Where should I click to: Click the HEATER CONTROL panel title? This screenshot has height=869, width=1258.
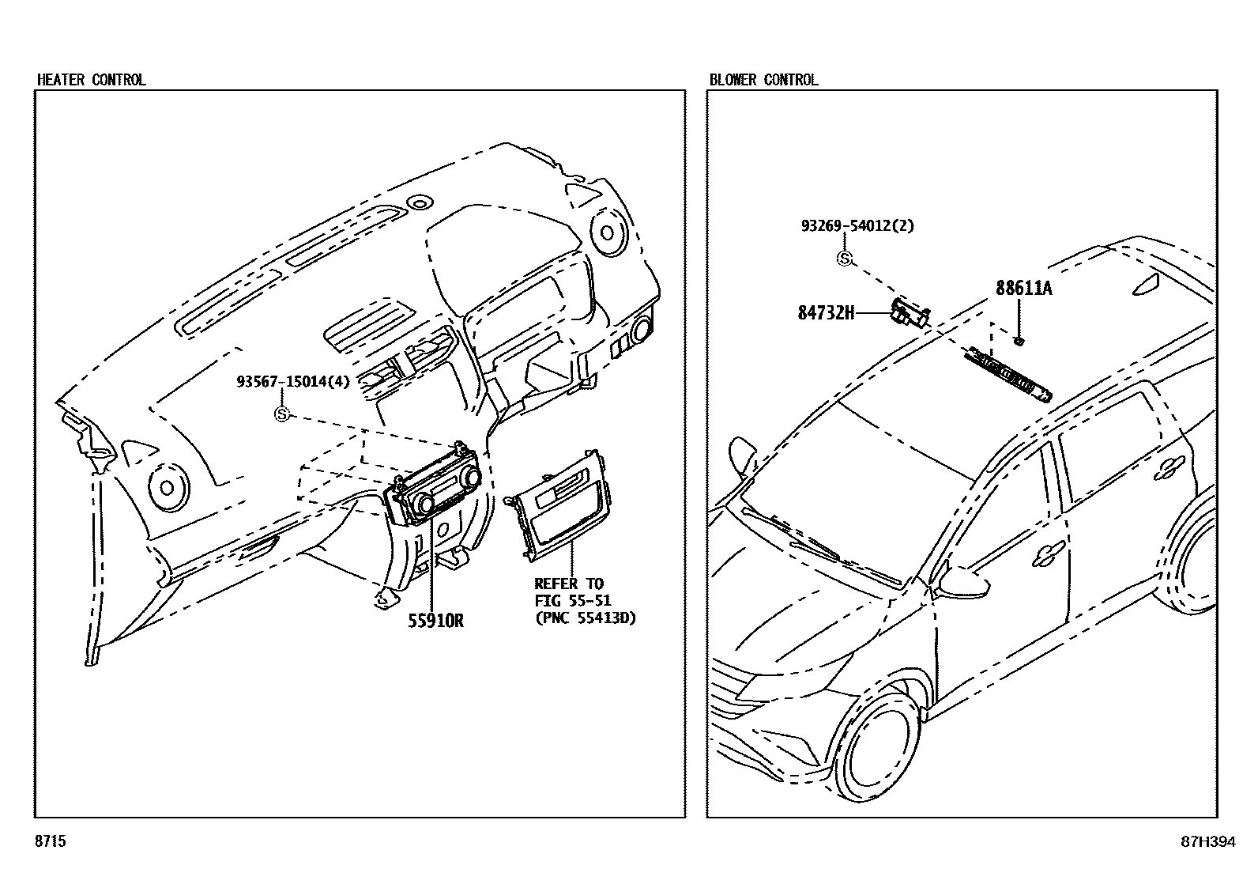(x=92, y=80)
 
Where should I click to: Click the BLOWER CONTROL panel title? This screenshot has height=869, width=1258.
(x=763, y=80)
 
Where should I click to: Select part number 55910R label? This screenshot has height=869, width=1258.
(x=435, y=621)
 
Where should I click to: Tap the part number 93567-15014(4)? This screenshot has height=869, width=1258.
(x=292, y=382)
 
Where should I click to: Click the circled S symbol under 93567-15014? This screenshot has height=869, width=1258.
(x=282, y=414)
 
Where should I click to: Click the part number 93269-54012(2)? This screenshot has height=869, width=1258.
(x=857, y=225)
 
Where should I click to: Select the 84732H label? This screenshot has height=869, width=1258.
(x=826, y=313)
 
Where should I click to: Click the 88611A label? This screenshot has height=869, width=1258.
(x=1023, y=289)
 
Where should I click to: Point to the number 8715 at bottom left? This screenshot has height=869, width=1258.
(x=51, y=842)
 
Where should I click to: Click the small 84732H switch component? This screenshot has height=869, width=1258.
(x=909, y=312)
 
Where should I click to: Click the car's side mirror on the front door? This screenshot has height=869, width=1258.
(x=965, y=582)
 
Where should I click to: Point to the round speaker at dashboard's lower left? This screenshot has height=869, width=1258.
(x=168, y=486)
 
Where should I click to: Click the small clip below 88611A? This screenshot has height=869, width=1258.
(x=1019, y=341)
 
